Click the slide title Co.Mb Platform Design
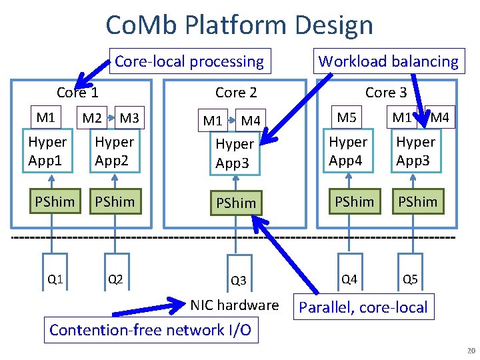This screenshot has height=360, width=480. pos(239,25)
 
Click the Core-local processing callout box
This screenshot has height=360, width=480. pos(190,61)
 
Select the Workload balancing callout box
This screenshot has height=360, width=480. pos(389,61)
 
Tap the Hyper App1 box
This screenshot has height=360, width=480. pos(48,151)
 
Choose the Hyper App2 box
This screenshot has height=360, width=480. pos(115,151)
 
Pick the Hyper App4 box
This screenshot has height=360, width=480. pos(349,151)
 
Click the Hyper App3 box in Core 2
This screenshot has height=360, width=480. pos(235,153)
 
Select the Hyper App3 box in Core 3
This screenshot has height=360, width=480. pos(416,151)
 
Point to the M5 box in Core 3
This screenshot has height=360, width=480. pos(347,118)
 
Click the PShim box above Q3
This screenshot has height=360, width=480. pos(235,203)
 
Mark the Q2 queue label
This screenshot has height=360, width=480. pos(115,279)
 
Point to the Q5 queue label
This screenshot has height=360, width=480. pos(411,279)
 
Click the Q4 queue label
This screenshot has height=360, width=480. pos(349,279)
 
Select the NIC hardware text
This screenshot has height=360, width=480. pos(235,305)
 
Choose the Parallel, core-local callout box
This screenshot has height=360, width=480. pos(364,307)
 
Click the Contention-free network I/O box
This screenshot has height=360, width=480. pos(151,329)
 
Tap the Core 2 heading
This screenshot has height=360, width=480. pos(236,93)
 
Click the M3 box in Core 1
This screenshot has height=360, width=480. pos(129,119)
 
